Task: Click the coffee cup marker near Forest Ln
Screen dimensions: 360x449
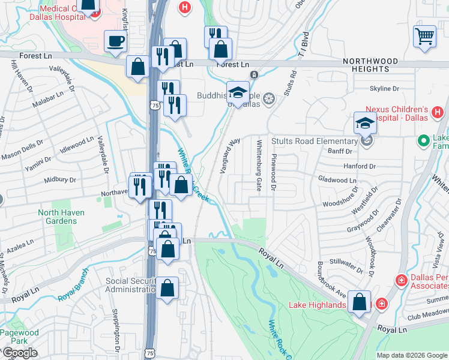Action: pos(116,41)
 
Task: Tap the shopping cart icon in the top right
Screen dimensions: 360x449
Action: pos(424,36)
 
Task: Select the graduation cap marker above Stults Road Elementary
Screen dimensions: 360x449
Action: pos(365,123)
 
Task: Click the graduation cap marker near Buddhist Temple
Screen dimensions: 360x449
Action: pos(238,93)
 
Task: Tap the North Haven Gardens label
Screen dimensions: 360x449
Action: pos(61,217)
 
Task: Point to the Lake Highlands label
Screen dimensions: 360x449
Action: pos(317,305)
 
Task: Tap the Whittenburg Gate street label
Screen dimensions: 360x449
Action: pos(259,166)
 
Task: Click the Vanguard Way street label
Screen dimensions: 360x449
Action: pos(230,155)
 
